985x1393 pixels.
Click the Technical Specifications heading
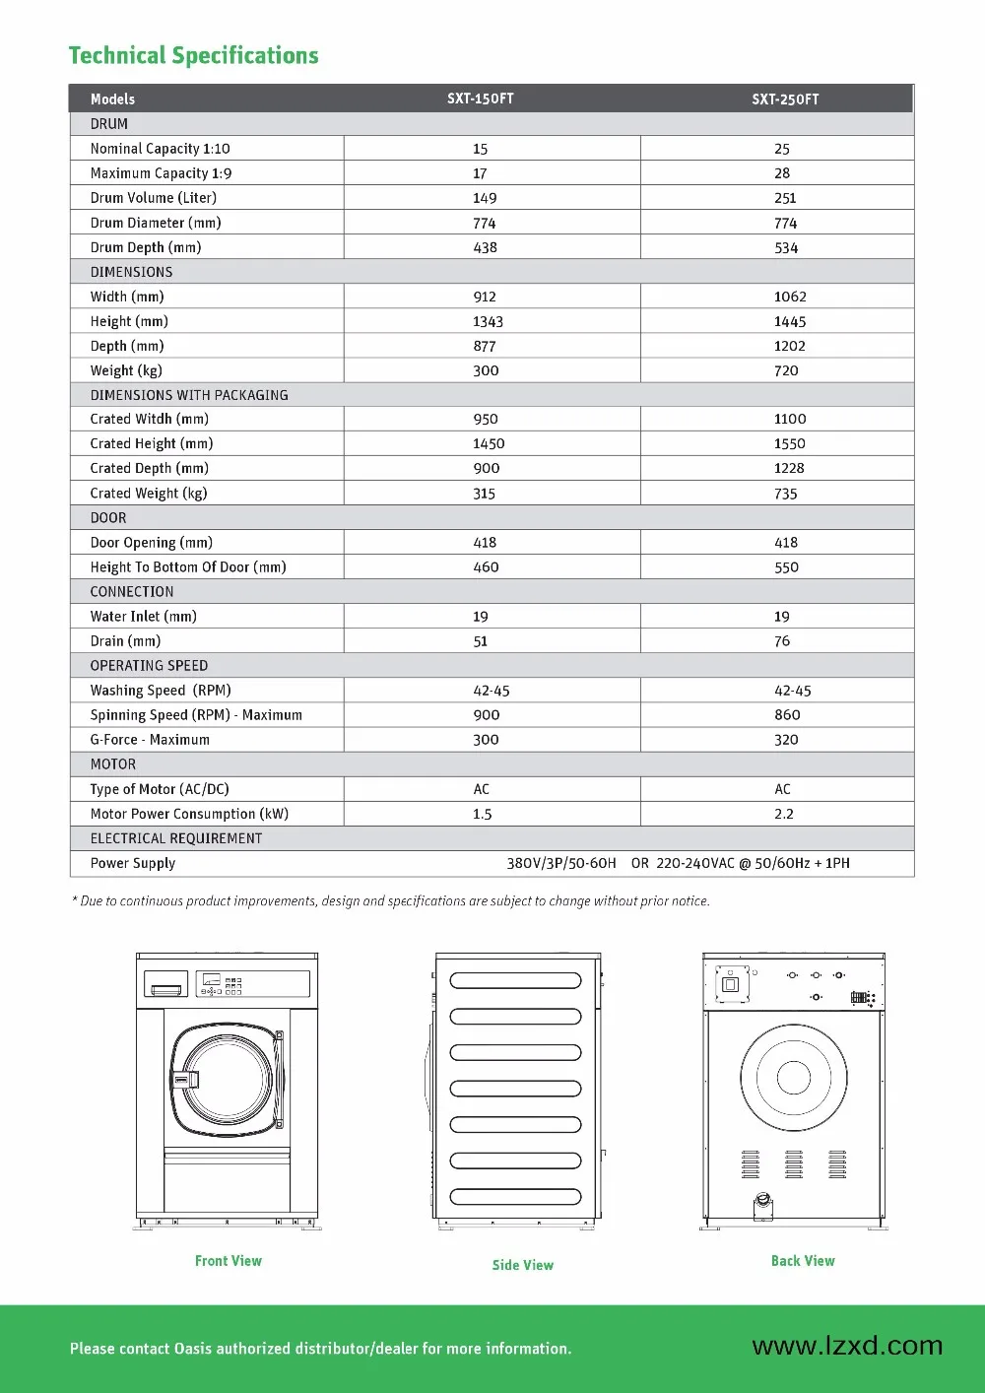[x=193, y=56]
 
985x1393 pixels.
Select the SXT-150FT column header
[x=480, y=99]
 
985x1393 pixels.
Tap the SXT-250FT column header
[x=785, y=99]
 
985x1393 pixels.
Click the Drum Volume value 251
[x=785, y=198]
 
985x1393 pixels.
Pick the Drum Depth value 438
[x=485, y=247]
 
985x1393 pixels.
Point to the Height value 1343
[x=488, y=321]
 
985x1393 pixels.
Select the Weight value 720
[x=786, y=370]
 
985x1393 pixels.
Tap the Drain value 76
[x=782, y=641]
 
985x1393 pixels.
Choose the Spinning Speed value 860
[x=787, y=715]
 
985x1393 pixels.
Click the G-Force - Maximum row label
[x=150, y=740]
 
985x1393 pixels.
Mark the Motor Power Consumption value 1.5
[x=482, y=814]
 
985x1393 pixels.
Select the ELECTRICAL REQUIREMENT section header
[x=176, y=838]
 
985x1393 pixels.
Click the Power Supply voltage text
[x=678, y=863]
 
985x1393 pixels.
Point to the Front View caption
[x=229, y=1261]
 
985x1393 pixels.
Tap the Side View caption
[x=523, y=1265]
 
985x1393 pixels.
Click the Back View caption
[x=803, y=1261]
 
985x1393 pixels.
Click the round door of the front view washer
[x=227, y=1079]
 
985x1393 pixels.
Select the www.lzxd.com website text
[x=847, y=1346]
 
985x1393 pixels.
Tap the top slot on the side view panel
[x=515, y=980]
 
